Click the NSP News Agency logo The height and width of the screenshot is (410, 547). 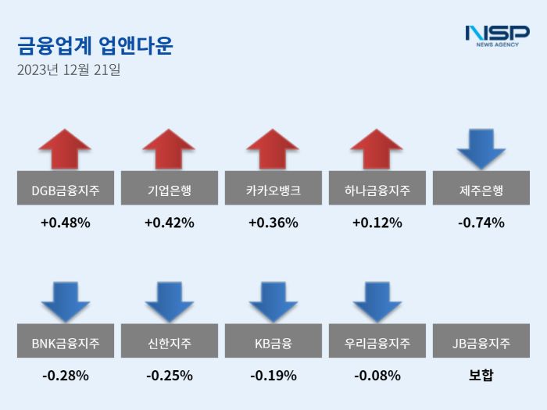[x=496, y=35]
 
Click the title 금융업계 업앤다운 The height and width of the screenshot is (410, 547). [x=95, y=45]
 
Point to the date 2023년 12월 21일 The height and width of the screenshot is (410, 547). [x=69, y=70]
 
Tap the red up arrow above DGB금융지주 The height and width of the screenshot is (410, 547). [x=65, y=148]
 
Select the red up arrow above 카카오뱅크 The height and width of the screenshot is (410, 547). [x=273, y=148]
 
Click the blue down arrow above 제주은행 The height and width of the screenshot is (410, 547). [x=481, y=148]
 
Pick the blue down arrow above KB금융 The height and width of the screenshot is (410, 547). [x=273, y=301]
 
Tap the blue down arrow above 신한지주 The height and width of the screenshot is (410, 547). [x=169, y=301]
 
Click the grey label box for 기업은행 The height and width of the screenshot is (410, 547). [x=169, y=188]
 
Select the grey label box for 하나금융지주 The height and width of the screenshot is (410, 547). [x=377, y=188]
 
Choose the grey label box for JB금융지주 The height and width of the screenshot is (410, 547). [x=481, y=341]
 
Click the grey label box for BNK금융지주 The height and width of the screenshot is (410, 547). [x=65, y=341]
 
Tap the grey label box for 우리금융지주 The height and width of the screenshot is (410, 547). [x=377, y=341]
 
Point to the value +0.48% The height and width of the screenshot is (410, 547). [x=65, y=223]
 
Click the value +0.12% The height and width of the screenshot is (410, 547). [x=377, y=223]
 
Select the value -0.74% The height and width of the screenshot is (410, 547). [x=481, y=223]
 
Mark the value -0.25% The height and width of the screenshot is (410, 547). [x=169, y=376]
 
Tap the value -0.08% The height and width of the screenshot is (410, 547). [x=377, y=376]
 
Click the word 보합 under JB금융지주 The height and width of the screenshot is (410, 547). [x=481, y=376]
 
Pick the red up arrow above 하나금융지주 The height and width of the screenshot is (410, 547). [x=377, y=148]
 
